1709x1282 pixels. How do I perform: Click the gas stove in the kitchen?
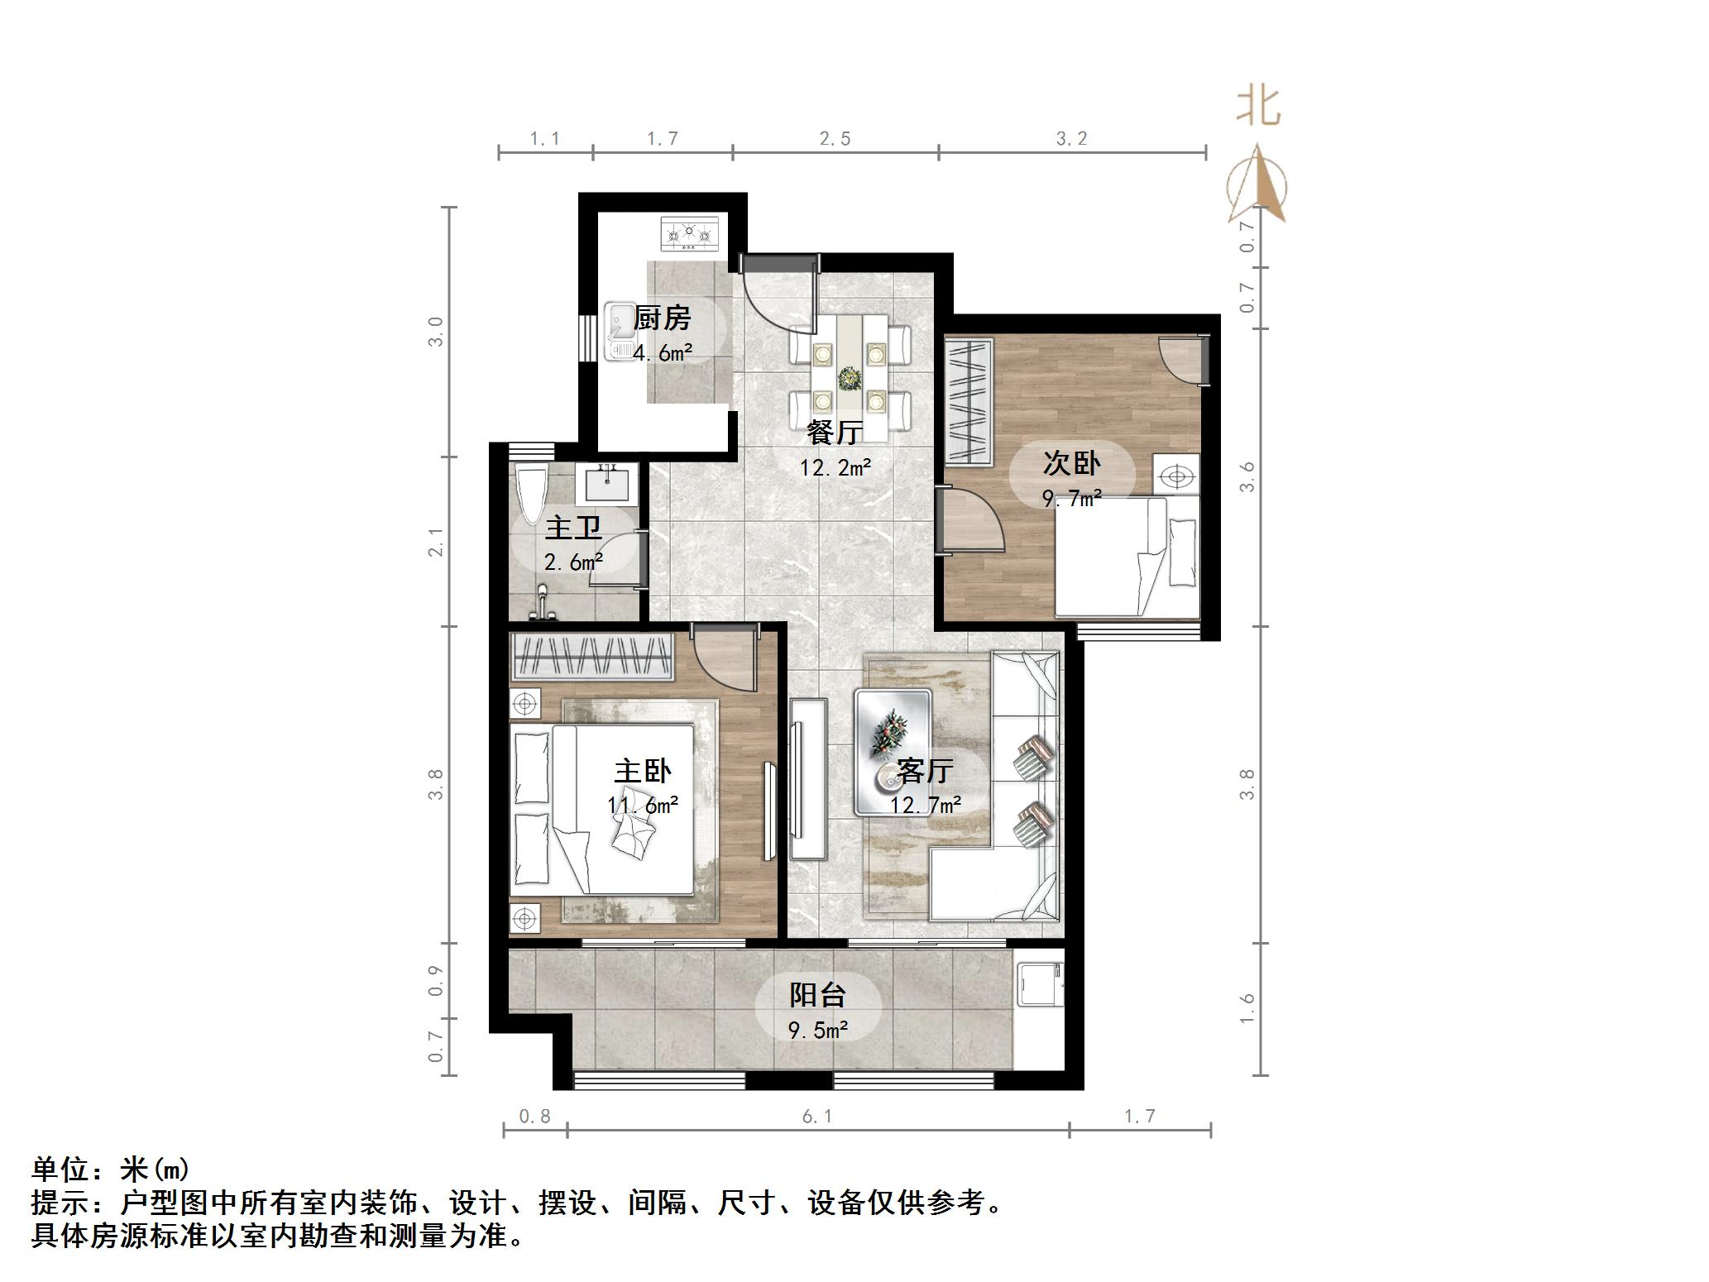(691, 234)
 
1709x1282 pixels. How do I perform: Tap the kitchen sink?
(618, 332)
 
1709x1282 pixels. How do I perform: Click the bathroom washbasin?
(607, 483)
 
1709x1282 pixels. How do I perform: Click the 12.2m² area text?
(835, 468)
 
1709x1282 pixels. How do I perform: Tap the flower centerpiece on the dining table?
(849, 379)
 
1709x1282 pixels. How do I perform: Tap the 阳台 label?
(817, 994)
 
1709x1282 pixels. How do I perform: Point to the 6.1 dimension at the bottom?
(816, 1117)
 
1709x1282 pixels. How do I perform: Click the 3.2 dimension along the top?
(1071, 139)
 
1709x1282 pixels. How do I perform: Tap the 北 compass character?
(1258, 108)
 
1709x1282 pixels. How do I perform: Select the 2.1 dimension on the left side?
(436, 542)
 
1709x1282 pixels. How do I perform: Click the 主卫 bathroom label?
(573, 527)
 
